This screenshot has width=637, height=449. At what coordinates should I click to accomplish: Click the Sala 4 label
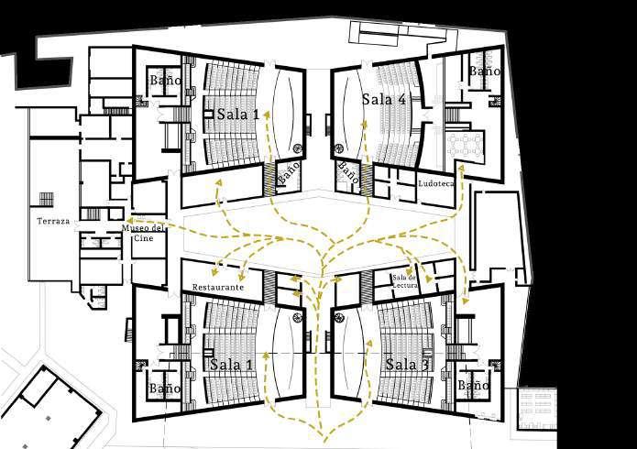(x=383, y=100)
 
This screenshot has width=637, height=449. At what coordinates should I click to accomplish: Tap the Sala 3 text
(x=406, y=365)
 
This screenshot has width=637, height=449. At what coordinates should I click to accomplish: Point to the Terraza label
(x=53, y=222)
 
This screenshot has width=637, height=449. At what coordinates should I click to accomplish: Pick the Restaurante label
(x=217, y=288)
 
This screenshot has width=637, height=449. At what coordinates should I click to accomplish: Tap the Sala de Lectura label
(x=405, y=280)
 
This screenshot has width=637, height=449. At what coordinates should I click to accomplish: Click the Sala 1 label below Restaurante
(x=232, y=365)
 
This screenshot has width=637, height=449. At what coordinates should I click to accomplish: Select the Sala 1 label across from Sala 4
(x=237, y=114)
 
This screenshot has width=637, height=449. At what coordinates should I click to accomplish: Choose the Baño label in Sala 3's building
(x=473, y=387)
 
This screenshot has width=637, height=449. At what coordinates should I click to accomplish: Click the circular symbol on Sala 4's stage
(x=341, y=148)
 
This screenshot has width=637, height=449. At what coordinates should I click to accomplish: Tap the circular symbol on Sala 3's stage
(x=336, y=316)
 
